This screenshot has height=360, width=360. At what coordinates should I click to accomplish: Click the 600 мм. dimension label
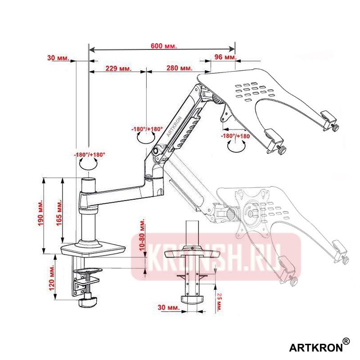[x=163, y=46]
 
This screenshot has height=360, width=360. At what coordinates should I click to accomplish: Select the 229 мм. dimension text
[x=118, y=68]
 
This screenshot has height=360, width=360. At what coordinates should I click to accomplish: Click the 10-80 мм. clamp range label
[x=142, y=235]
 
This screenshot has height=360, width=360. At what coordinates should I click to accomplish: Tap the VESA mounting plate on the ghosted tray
[x=252, y=211]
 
